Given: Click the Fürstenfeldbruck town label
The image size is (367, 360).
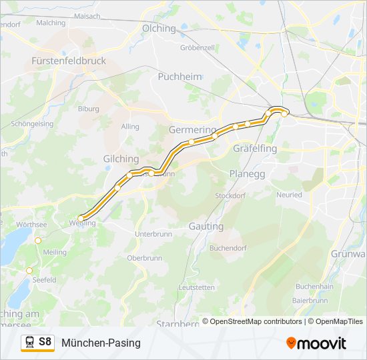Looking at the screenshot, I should click(x=69, y=61).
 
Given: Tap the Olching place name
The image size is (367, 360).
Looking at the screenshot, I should click(x=159, y=29).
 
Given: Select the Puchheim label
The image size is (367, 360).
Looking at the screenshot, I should click(x=179, y=77).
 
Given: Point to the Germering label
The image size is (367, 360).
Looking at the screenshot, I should click(x=193, y=129).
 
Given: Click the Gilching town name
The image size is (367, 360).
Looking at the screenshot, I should click(x=121, y=159).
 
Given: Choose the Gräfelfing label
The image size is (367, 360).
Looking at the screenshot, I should click(x=255, y=149).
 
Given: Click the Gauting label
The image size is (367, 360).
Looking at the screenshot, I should click(x=206, y=227).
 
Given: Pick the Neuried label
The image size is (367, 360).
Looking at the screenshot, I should click(x=289, y=196).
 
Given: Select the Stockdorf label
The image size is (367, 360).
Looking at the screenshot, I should click(x=230, y=196).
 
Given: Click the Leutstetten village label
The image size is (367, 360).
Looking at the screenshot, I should click(x=197, y=287).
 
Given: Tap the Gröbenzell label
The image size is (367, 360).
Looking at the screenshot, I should click(x=197, y=48).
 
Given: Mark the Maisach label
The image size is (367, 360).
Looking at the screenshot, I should click(x=87, y=15).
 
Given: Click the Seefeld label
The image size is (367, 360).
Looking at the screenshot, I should click(x=44, y=280).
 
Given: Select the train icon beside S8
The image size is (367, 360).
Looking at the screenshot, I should click(x=29, y=343).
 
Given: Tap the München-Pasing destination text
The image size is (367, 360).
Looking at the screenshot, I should click(x=101, y=343).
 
